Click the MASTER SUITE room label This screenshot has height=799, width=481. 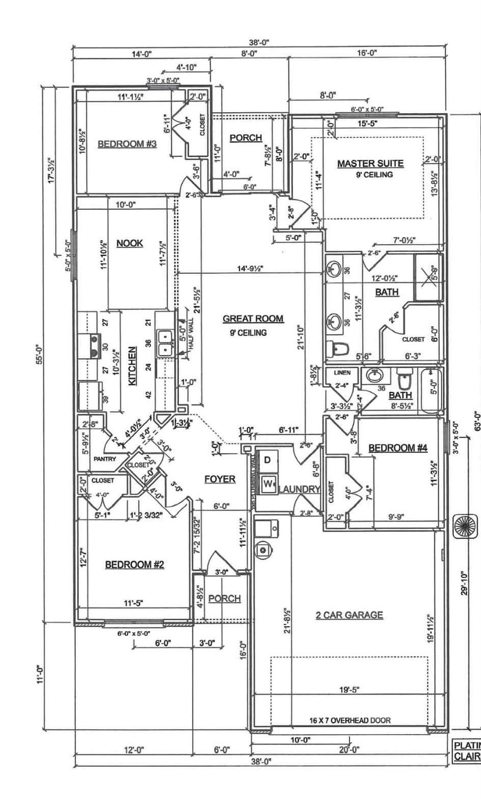click(x=370, y=164)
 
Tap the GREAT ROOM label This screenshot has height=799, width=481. click(x=253, y=319)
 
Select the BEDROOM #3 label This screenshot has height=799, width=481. click(x=127, y=144)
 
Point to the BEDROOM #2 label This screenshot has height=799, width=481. click(x=134, y=564)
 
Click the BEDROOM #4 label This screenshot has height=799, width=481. click(x=398, y=448)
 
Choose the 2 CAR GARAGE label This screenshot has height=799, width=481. click(x=349, y=615)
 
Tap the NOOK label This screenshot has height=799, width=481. click(x=130, y=243)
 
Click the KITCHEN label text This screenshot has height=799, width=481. click(x=133, y=366)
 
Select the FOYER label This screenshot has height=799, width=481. click(x=220, y=479)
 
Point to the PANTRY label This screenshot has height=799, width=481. click(x=104, y=459)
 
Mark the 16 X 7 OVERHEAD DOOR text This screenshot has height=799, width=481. click(x=349, y=720)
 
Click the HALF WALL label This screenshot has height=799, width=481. click(x=191, y=332)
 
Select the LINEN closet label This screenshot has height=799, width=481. click(x=342, y=373)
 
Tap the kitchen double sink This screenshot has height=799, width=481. click(x=165, y=344)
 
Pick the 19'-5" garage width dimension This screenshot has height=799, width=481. click(x=349, y=690)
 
